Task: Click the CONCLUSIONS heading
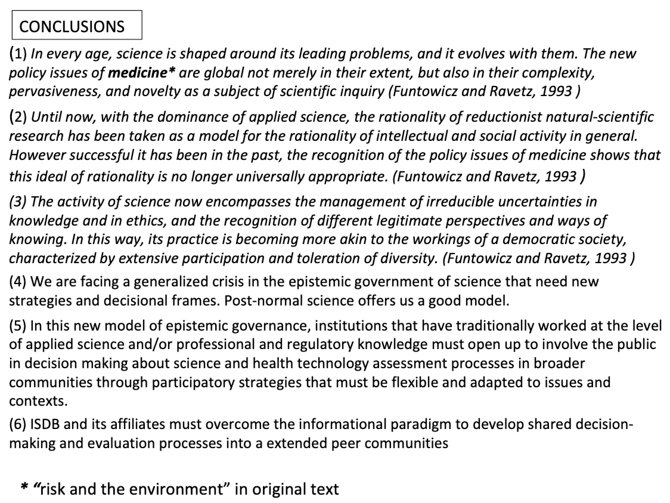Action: click(72, 27)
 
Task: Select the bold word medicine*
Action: click(142, 73)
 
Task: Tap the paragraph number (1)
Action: click(18, 54)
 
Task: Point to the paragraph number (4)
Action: click(18, 282)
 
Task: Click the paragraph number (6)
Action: click(18, 424)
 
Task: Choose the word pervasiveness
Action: click(55, 92)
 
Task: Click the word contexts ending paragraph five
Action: click(38, 401)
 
